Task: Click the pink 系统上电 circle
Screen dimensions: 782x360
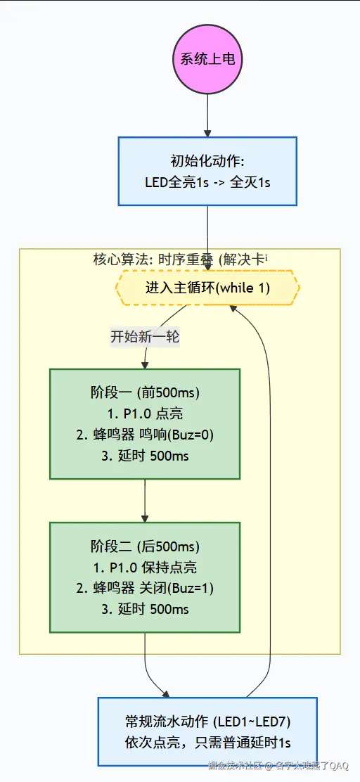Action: pos(207,59)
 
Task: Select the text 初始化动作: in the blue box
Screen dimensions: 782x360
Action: pos(207,161)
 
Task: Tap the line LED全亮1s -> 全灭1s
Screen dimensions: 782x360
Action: pos(207,182)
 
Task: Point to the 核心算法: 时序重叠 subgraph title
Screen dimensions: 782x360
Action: pos(180,259)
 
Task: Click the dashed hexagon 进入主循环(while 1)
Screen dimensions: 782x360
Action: pos(207,288)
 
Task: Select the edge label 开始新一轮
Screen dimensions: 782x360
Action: pos(145,337)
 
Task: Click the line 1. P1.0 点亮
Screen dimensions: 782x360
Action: pos(145,414)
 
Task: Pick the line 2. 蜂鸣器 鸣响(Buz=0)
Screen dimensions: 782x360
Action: pos(145,435)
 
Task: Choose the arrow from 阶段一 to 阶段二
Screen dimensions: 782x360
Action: pos(145,501)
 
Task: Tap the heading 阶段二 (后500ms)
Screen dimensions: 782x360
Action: pos(145,546)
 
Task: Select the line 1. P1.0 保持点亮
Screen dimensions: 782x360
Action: pos(145,567)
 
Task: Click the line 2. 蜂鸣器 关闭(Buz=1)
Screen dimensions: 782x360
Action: pos(145,588)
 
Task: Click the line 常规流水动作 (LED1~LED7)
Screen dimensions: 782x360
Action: pos(207,722)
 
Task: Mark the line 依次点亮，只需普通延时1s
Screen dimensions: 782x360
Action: pos(207,743)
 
